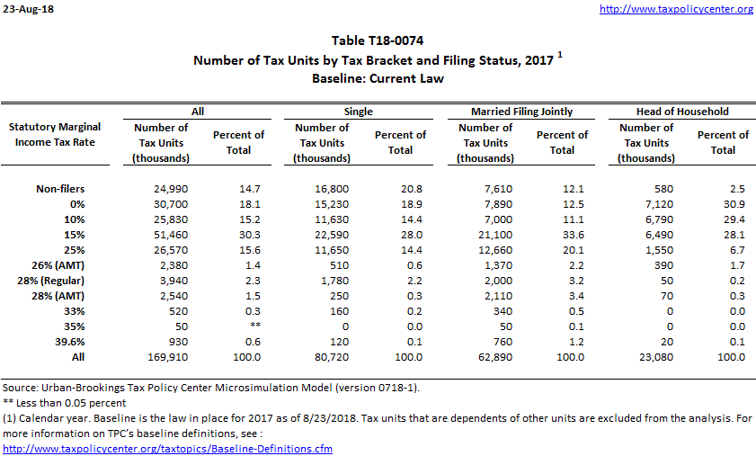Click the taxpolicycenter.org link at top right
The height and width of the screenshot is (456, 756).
[676, 9]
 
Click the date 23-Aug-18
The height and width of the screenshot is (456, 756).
[27, 9]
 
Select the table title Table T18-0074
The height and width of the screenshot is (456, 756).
[378, 40]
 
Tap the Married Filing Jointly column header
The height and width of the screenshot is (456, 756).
[521, 112]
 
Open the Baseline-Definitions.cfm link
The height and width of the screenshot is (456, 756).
[167, 448]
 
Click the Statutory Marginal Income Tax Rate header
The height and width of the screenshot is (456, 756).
[57, 134]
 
